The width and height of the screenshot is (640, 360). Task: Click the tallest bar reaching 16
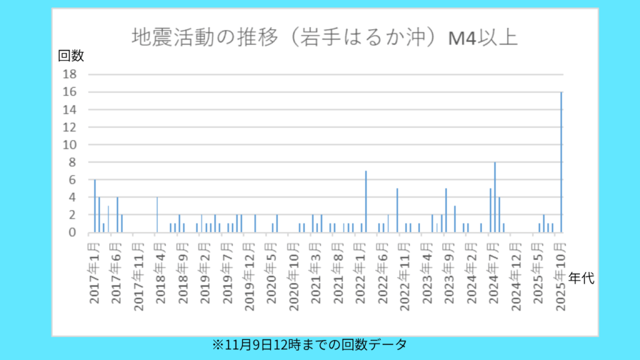click(561, 162)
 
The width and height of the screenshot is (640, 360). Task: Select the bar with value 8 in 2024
click(495, 197)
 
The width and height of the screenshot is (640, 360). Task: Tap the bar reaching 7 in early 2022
click(366, 201)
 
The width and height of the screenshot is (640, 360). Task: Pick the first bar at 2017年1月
click(94, 206)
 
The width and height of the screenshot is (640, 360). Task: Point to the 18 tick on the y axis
click(69, 74)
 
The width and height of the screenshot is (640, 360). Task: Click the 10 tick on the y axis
click(69, 144)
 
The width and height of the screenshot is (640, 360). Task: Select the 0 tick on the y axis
click(72, 232)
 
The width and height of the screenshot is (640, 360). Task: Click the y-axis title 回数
click(71, 56)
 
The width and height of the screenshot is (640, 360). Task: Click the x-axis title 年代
click(582, 279)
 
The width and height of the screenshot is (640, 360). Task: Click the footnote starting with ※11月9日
click(310, 344)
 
